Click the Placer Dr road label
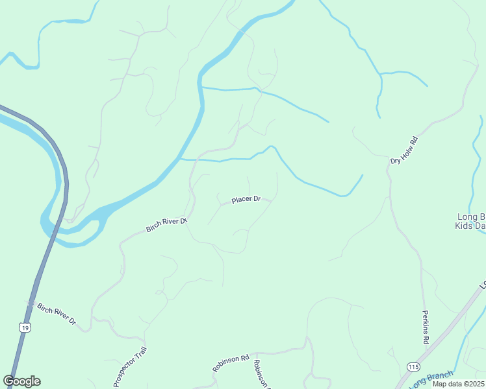pos(246,199)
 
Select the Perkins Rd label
pos(426,327)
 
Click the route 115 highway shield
pos(414,366)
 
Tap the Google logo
pos(22,381)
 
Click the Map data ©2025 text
pos(459,384)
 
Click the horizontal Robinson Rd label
pos(231,362)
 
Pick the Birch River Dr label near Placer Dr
pos(167,225)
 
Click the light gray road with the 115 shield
pos(448,331)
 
